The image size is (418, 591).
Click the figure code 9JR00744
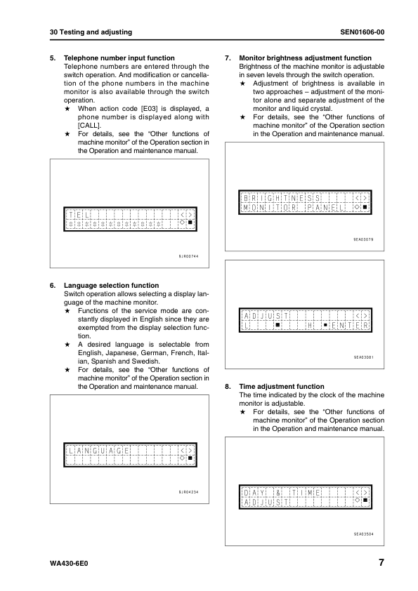[x=189, y=256]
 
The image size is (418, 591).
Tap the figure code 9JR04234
[x=189, y=492]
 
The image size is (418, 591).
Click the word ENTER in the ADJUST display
[x=350, y=326]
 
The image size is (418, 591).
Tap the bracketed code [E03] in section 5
[x=154, y=109]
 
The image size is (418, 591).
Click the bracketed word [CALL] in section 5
[x=89, y=126]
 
